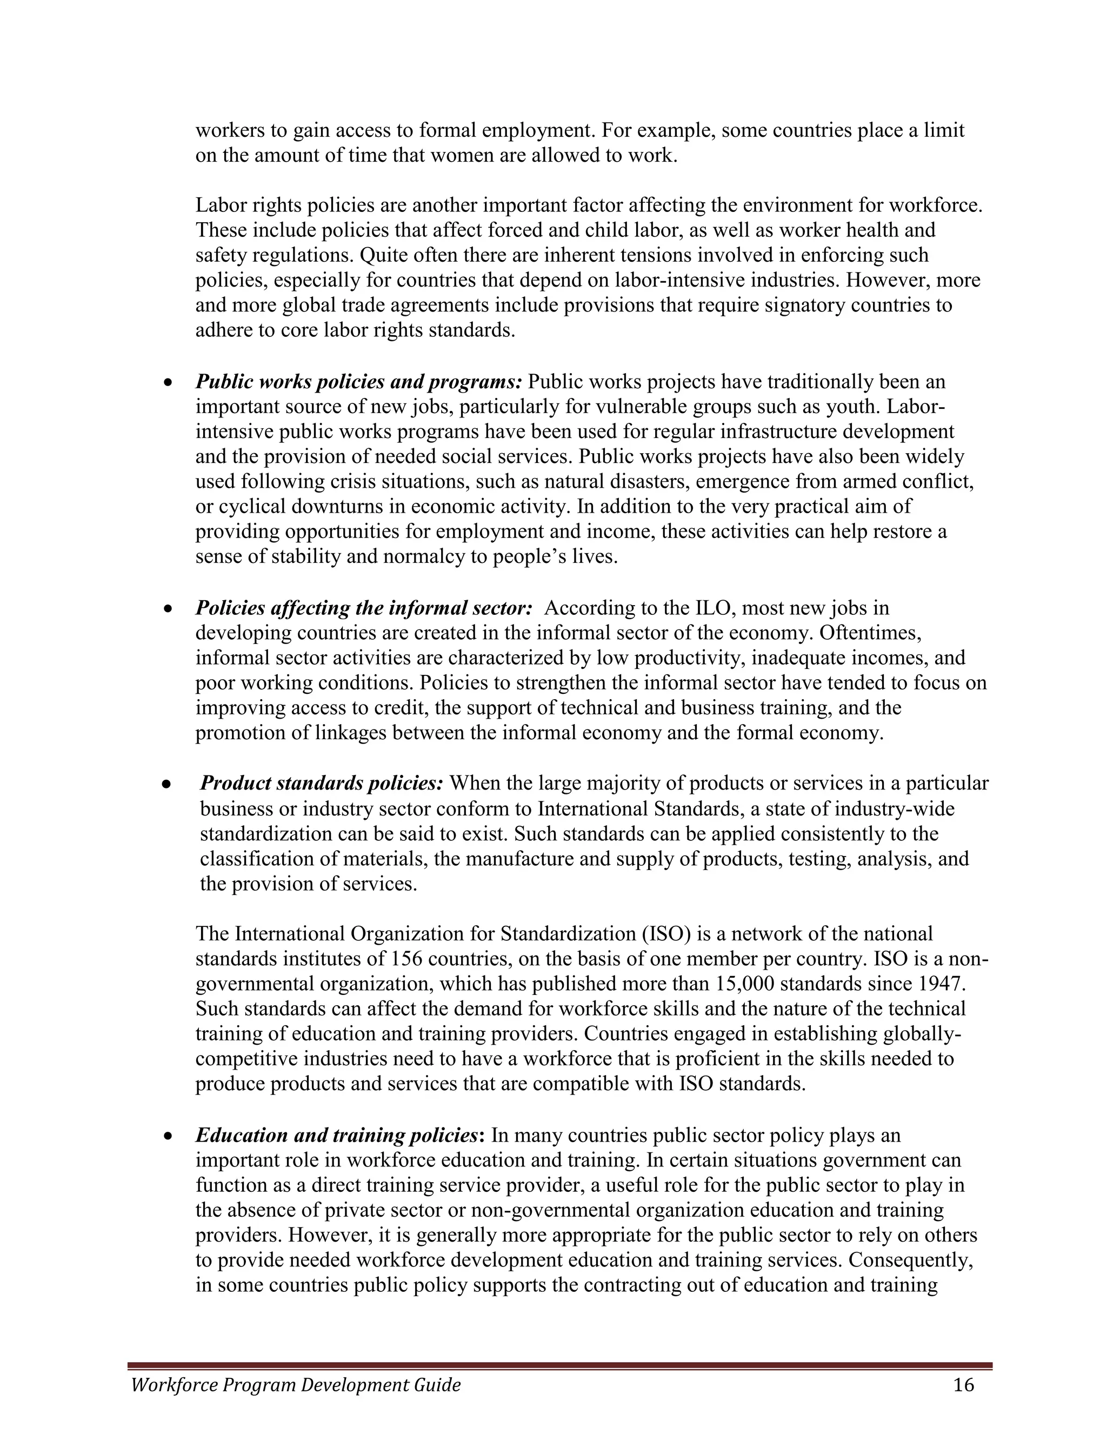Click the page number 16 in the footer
[963, 1385]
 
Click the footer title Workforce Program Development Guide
[296, 1385]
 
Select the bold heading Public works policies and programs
[358, 381]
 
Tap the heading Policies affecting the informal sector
[363, 608]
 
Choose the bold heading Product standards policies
[322, 783]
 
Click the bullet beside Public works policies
[169, 382]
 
